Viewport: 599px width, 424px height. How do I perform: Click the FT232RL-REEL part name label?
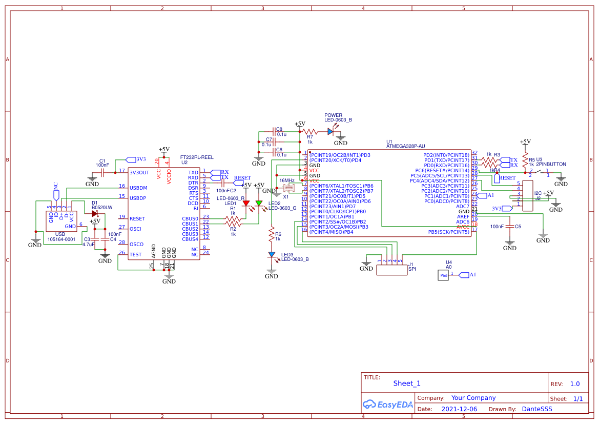click(x=197, y=157)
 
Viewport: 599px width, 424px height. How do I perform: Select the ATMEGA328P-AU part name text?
click(x=405, y=146)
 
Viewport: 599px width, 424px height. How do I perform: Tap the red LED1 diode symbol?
click(x=246, y=204)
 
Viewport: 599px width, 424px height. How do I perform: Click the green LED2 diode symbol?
click(x=259, y=204)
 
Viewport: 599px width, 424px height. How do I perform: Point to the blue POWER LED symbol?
click(x=331, y=132)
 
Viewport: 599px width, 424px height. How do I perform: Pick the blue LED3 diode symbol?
click(x=272, y=254)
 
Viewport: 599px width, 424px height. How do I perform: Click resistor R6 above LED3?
click(x=272, y=233)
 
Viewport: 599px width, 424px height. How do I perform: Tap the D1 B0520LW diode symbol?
click(x=95, y=213)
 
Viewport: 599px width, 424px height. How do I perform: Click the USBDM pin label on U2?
click(x=138, y=188)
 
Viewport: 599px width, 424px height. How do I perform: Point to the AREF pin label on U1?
click(x=463, y=216)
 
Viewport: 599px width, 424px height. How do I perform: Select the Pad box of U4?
click(x=444, y=275)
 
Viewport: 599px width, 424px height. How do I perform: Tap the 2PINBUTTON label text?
click(x=551, y=164)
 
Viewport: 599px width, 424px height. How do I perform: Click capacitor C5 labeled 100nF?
click(x=509, y=226)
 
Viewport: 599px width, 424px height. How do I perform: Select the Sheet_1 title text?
click(x=407, y=383)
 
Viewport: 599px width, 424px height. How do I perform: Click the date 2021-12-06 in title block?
click(x=459, y=409)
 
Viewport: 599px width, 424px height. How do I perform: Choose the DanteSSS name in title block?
click(x=537, y=409)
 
